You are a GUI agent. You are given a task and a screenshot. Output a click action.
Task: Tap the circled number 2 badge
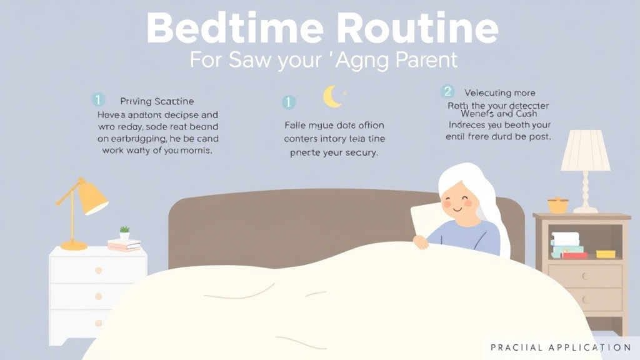coord(447,91)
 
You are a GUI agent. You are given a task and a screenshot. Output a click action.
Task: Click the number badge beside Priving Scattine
coord(97,100)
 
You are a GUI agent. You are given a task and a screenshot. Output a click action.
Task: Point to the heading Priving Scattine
coord(157,101)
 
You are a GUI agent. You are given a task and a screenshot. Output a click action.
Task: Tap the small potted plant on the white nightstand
coord(124,233)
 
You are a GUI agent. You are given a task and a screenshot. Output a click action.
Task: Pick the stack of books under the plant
coord(124,245)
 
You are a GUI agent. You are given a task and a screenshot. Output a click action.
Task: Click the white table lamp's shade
coord(585,151)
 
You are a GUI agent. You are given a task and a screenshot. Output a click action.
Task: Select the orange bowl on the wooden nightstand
coord(557,205)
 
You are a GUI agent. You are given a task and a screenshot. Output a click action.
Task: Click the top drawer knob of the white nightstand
coord(98,271)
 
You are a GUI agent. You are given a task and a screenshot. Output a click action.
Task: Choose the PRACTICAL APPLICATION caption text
coord(561,347)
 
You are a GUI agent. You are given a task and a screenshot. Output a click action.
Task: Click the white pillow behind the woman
coord(422,219)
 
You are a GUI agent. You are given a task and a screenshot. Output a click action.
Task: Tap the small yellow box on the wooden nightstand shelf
coord(605,254)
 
